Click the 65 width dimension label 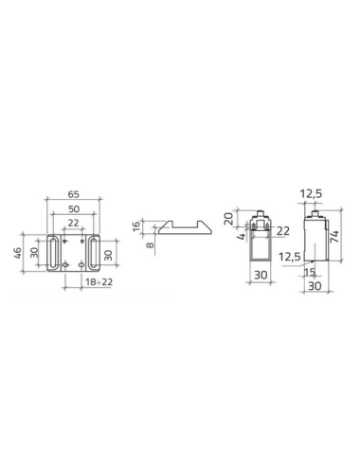pyautogui.click(x=73, y=194)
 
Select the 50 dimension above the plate pyautogui.click(x=74, y=208)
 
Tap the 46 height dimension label pyautogui.click(x=17, y=253)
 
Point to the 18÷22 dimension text pyautogui.click(x=99, y=281)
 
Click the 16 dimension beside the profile pyautogui.click(x=136, y=226)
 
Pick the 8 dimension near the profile pyautogui.click(x=151, y=244)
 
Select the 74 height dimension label pyautogui.click(x=334, y=237)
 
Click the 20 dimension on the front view pyautogui.click(x=228, y=219)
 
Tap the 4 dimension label pyautogui.click(x=242, y=237)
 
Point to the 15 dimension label pyautogui.click(x=310, y=272)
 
